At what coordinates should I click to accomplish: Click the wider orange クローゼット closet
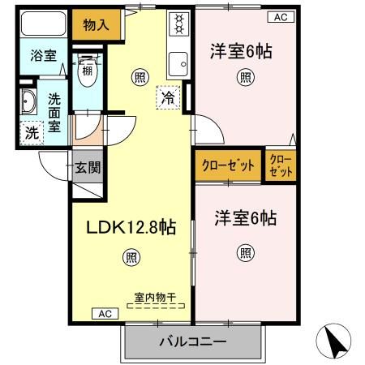pyautogui.click(x=227, y=165)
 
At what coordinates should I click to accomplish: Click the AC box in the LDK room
pyautogui.click(x=105, y=313)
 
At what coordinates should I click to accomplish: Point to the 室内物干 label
pyautogui.click(x=156, y=298)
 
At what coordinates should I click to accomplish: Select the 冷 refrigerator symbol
pyautogui.click(x=167, y=96)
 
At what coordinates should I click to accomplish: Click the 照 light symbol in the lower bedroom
pyautogui.click(x=245, y=252)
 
